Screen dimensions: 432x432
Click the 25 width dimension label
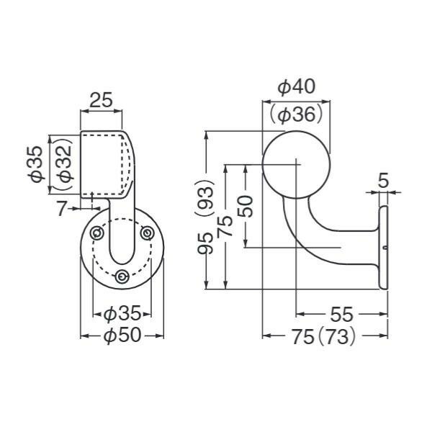tap(101, 100)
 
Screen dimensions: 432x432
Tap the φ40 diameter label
tap(296, 87)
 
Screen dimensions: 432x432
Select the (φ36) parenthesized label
tap(296, 114)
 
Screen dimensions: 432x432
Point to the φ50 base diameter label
tap(122, 336)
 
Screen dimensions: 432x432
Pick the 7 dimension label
tap(62, 208)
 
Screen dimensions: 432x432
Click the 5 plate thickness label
tap(383, 181)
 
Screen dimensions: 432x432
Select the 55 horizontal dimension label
tap(341, 314)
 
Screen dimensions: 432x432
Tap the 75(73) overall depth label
tap(324, 336)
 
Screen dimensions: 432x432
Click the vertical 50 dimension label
tap(245, 207)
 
